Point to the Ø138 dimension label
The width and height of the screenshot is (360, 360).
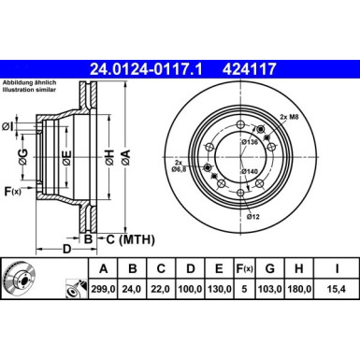(250, 142)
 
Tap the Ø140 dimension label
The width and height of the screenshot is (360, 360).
(250, 172)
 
